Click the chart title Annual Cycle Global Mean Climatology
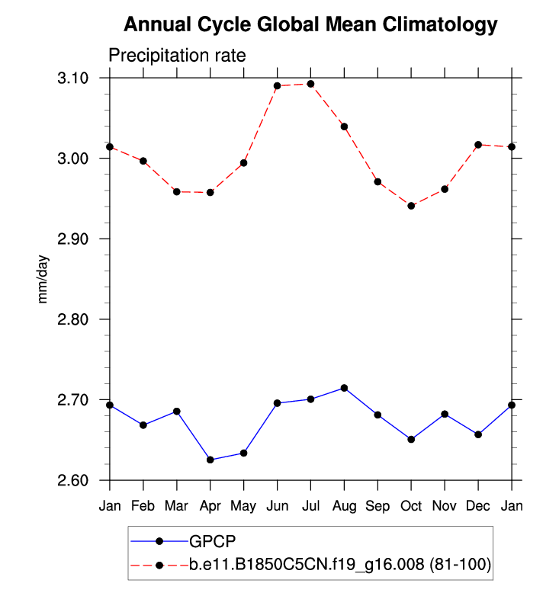tap(310, 25)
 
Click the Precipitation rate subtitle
tap(176, 56)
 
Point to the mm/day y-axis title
tap(43, 279)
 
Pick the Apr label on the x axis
tap(210, 506)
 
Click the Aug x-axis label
tap(344, 506)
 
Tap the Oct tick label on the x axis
tap(411, 506)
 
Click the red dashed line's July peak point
tap(310, 84)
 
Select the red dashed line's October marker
tap(411, 206)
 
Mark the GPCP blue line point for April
tap(210, 460)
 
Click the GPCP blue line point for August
tap(344, 388)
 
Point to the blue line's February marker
tap(143, 425)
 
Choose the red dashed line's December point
tap(478, 145)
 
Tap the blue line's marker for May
tap(243, 453)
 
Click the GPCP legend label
tap(213, 541)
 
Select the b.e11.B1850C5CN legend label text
tap(340, 565)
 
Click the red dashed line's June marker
tap(277, 86)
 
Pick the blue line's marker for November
tap(445, 414)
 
